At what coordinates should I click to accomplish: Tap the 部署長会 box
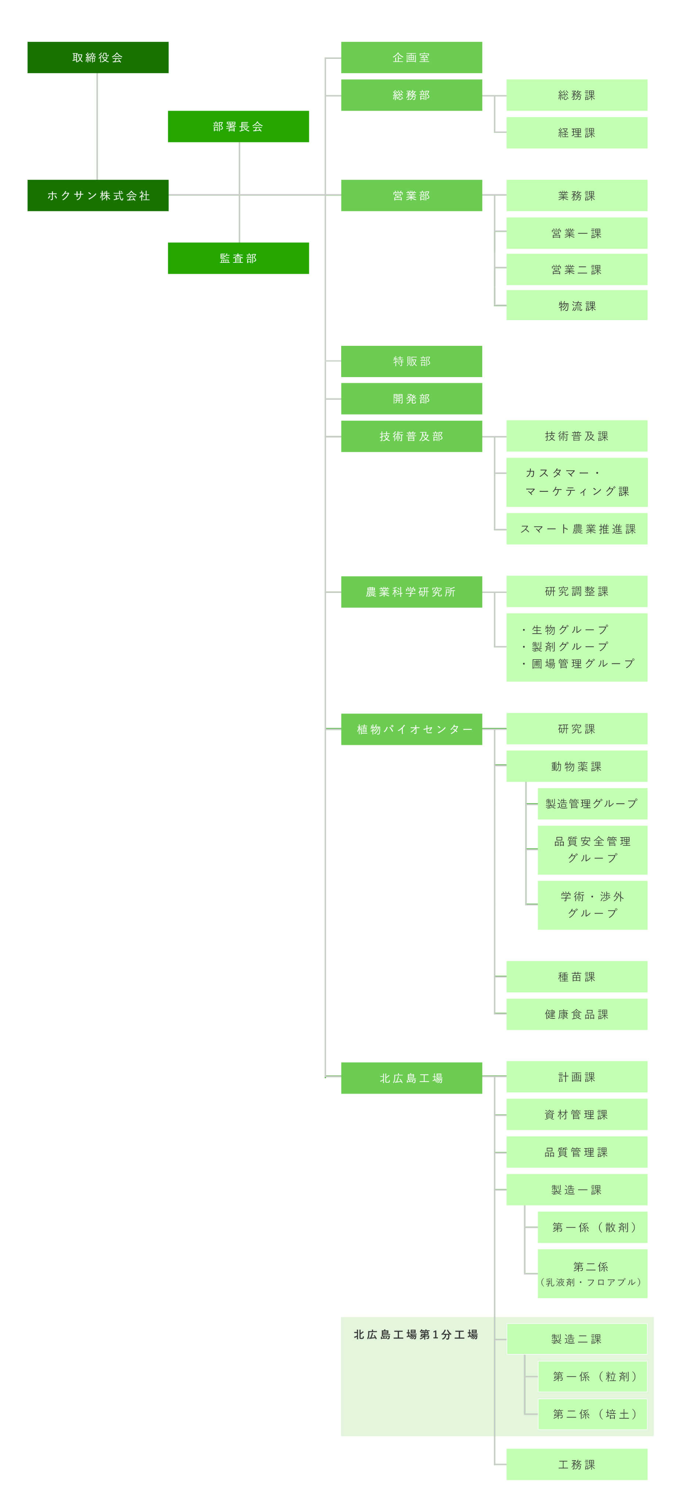tap(238, 126)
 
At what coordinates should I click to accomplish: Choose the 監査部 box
tap(238, 258)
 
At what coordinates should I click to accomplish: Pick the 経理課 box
tap(577, 133)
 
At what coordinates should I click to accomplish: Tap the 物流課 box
tap(577, 306)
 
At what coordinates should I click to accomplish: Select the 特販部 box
tap(411, 361)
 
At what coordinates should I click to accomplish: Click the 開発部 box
tap(411, 398)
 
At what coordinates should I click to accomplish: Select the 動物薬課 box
tap(577, 766)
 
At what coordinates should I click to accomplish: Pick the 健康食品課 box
tap(577, 1014)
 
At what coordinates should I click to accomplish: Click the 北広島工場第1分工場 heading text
tap(416, 1335)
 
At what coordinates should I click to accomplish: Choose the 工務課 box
tap(577, 1464)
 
